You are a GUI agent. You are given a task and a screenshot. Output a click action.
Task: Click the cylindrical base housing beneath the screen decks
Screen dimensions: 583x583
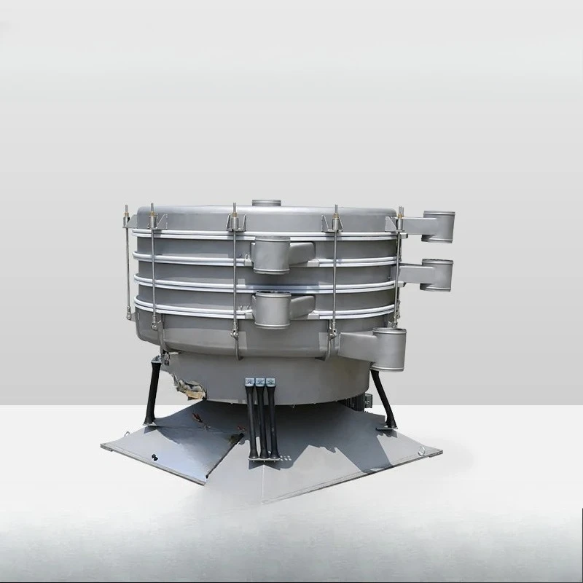coord(291,375)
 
